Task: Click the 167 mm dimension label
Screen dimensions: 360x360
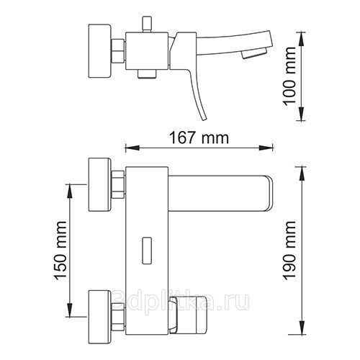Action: coord(199,138)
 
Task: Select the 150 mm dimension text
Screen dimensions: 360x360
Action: coord(60,251)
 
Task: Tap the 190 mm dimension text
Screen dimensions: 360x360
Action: coord(290,251)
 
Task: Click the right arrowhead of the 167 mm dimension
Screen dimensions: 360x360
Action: coord(266,148)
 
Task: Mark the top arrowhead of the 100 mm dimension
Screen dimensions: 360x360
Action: coord(302,39)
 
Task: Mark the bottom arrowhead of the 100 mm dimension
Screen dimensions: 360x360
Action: coord(302,114)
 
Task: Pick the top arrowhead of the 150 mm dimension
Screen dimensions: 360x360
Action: coord(69,192)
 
